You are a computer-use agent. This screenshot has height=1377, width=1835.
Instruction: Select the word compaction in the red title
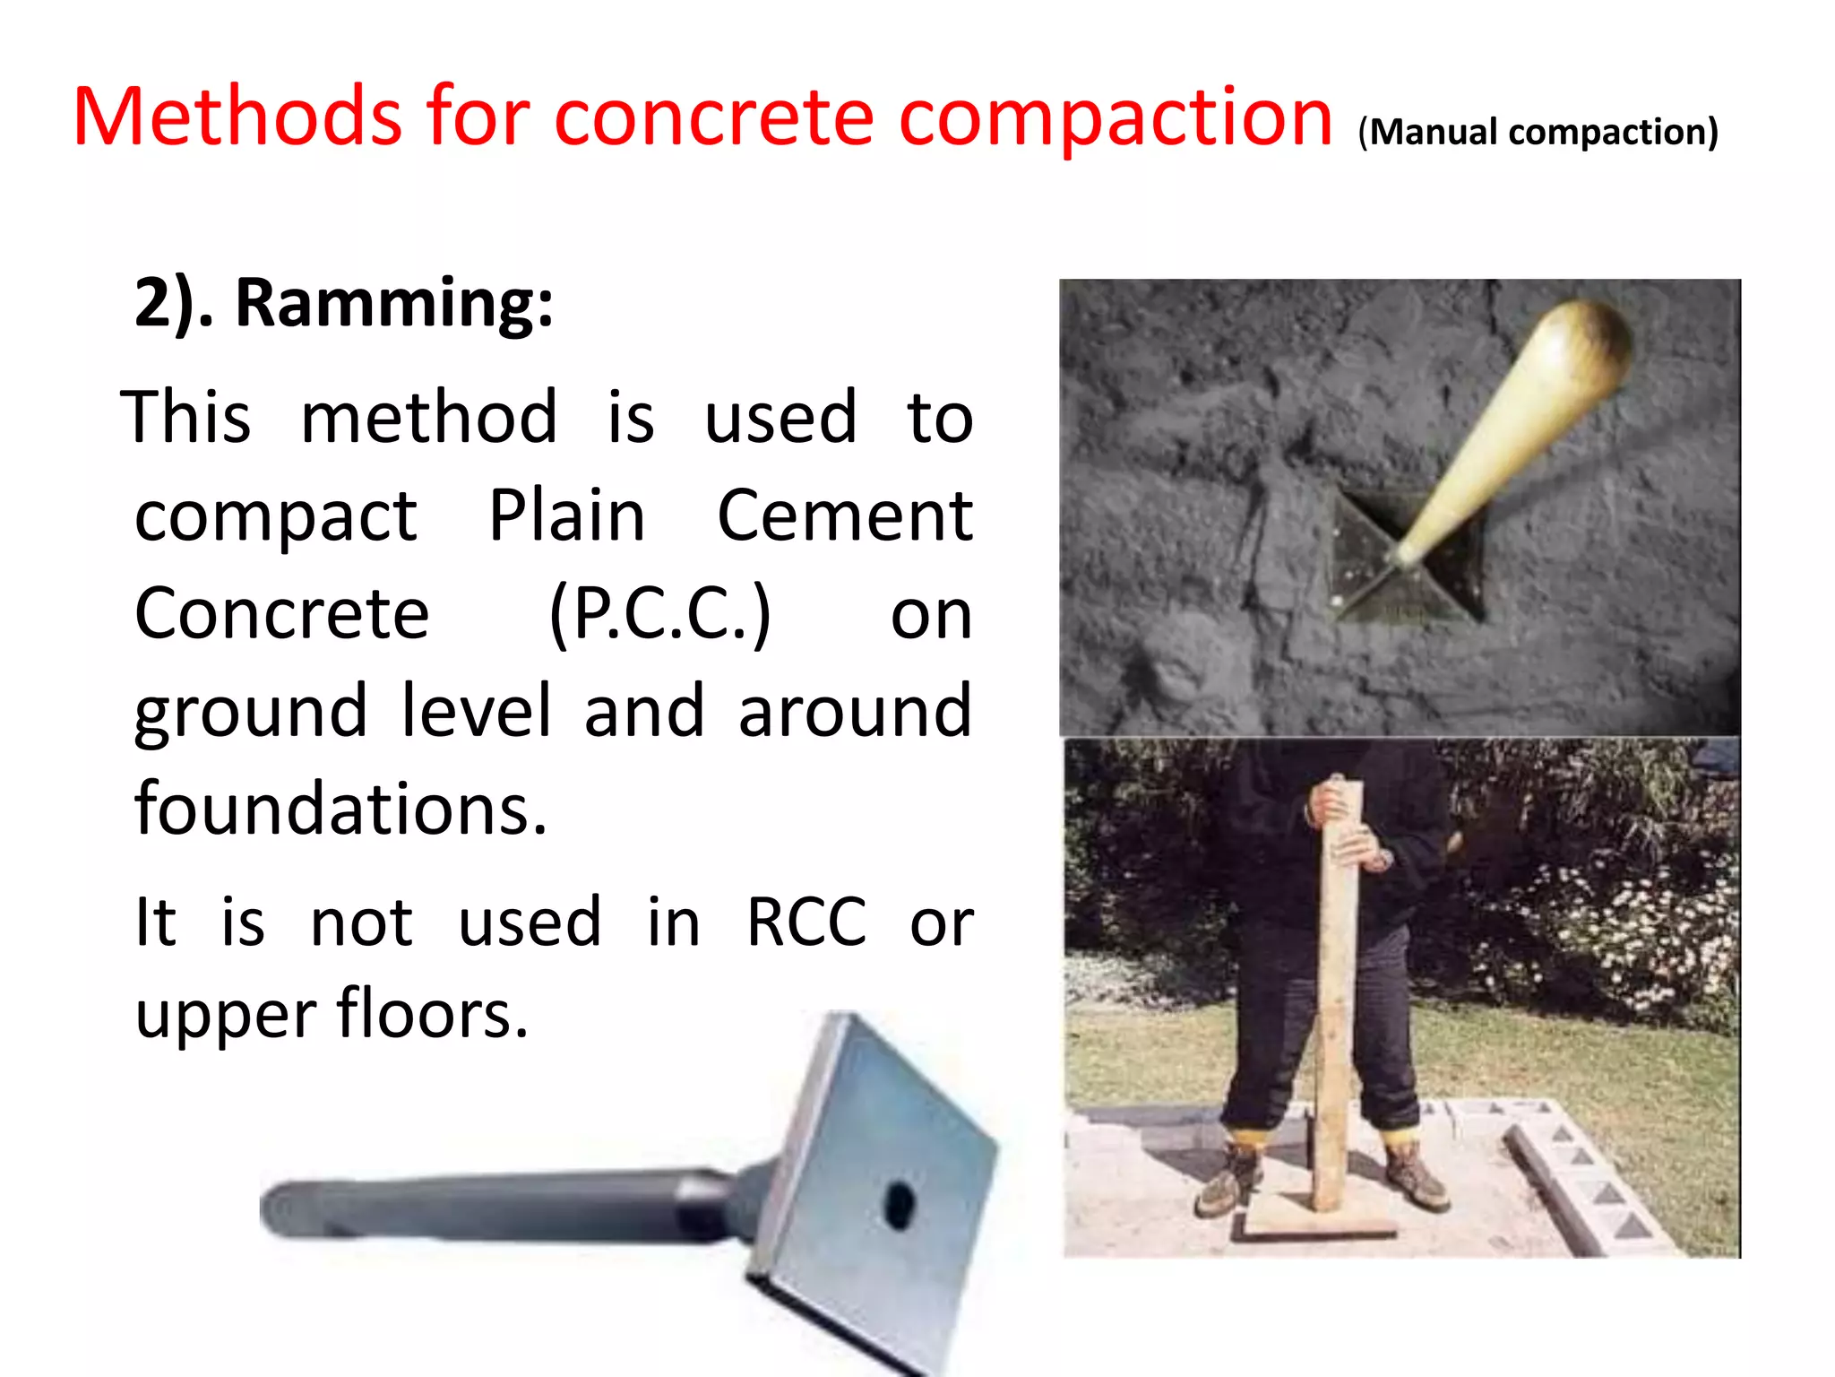coord(1116,118)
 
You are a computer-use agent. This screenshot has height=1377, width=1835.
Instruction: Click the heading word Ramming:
coord(394,303)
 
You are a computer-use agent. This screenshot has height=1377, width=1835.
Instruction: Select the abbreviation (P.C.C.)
coord(659,615)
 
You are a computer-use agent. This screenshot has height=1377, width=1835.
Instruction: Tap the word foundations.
coord(340,809)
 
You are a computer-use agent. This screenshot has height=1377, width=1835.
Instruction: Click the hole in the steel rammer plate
coord(899,1203)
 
